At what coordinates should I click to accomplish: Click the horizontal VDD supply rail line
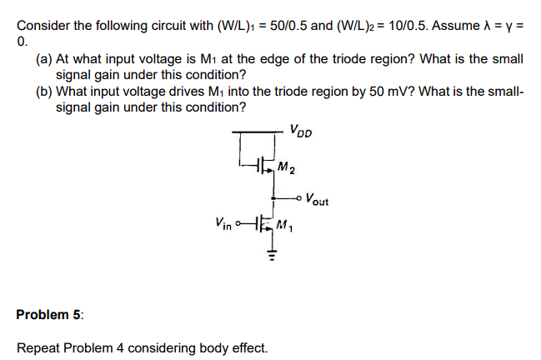(258, 132)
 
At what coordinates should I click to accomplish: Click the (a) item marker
(43, 59)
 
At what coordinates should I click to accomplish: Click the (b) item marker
(43, 92)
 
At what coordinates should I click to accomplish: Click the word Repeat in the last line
(38, 347)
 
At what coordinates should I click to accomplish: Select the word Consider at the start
(42, 25)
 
